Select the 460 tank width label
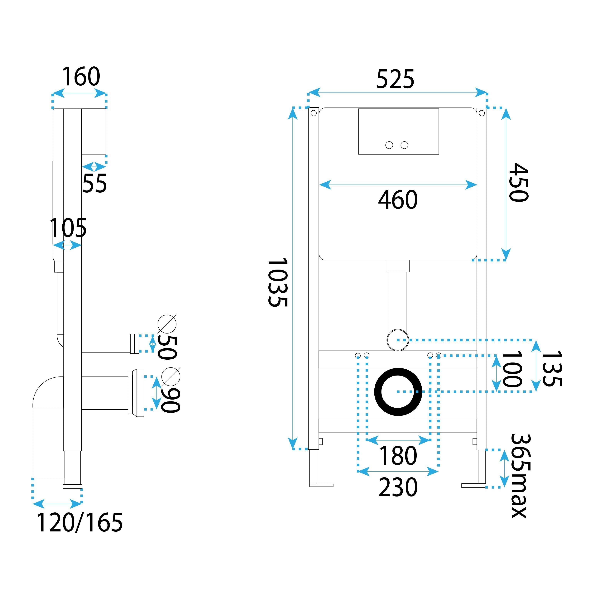(x=398, y=200)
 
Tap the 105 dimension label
(x=68, y=228)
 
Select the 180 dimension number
(x=398, y=456)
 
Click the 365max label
(x=520, y=476)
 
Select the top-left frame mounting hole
(x=313, y=113)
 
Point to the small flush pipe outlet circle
(x=397, y=340)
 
